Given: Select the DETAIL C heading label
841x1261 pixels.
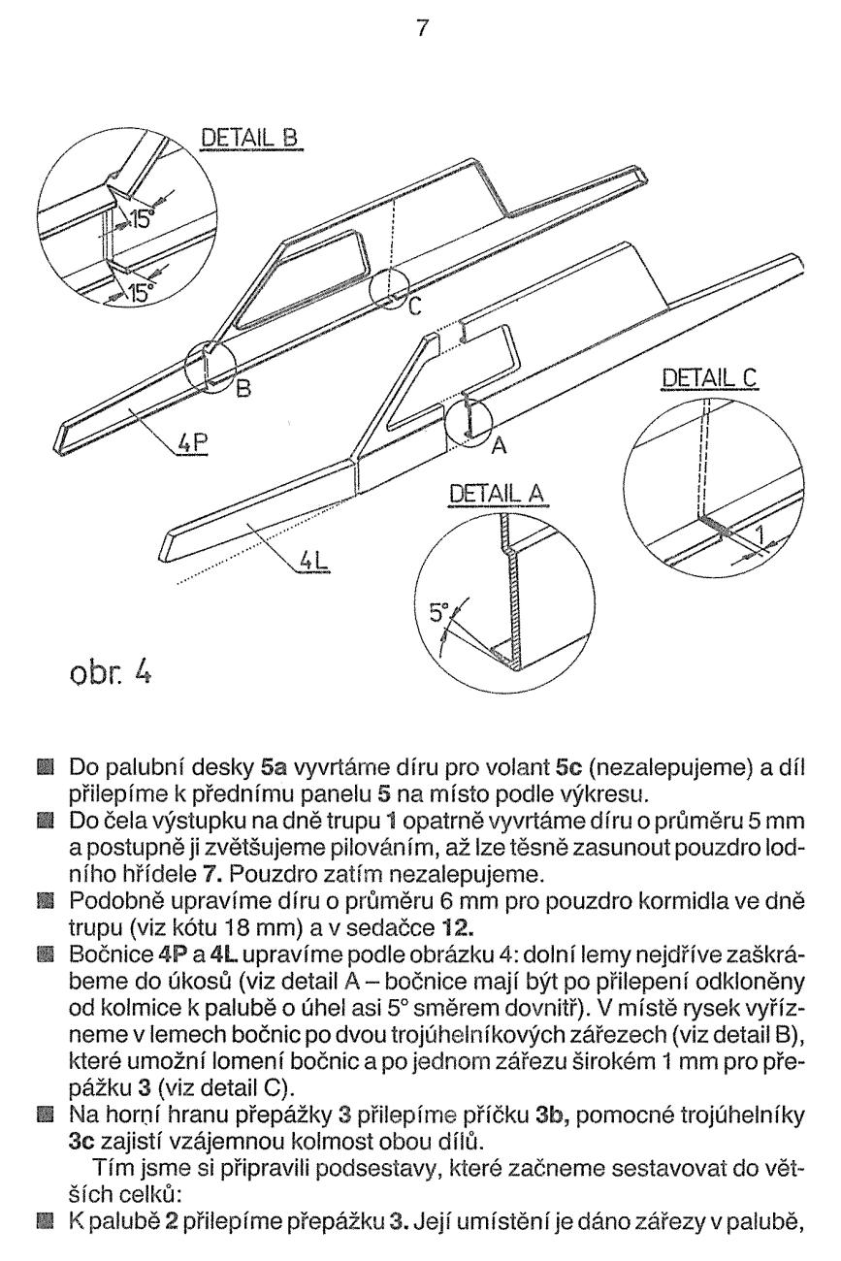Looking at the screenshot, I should pos(705,377).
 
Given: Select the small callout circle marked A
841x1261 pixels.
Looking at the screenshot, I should pos(469,417).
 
